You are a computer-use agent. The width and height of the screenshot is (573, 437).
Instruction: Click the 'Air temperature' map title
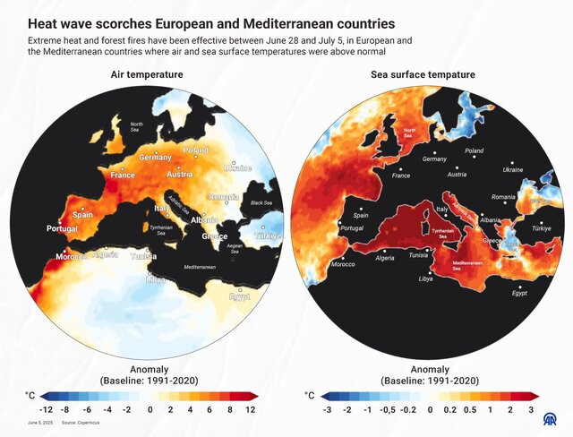(x=147, y=74)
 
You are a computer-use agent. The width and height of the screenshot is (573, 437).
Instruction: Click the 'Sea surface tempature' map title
(x=423, y=74)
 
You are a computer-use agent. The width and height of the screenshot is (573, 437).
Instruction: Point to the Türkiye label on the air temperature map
(x=266, y=236)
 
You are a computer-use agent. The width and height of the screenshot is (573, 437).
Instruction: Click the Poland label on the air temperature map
(x=195, y=150)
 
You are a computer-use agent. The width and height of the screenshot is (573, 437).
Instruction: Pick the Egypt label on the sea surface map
(x=520, y=293)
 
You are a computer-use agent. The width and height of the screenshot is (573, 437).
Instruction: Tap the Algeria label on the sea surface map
(x=385, y=258)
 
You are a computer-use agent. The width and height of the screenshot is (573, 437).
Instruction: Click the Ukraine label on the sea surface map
(x=513, y=170)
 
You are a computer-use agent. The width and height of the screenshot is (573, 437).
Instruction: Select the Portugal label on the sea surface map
(x=352, y=228)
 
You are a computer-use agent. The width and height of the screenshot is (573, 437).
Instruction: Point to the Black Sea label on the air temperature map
(x=261, y=203)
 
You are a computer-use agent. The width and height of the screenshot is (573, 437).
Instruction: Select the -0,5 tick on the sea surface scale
(x=388, y=409)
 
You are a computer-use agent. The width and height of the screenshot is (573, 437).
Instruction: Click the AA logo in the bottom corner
(x=554, y=417)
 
